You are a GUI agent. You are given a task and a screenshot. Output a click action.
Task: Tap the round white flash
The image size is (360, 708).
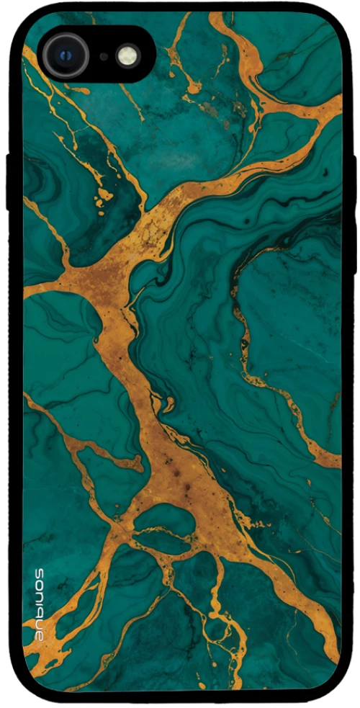127,55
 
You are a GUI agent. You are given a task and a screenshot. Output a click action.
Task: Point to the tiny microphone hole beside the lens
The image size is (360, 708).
104,55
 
